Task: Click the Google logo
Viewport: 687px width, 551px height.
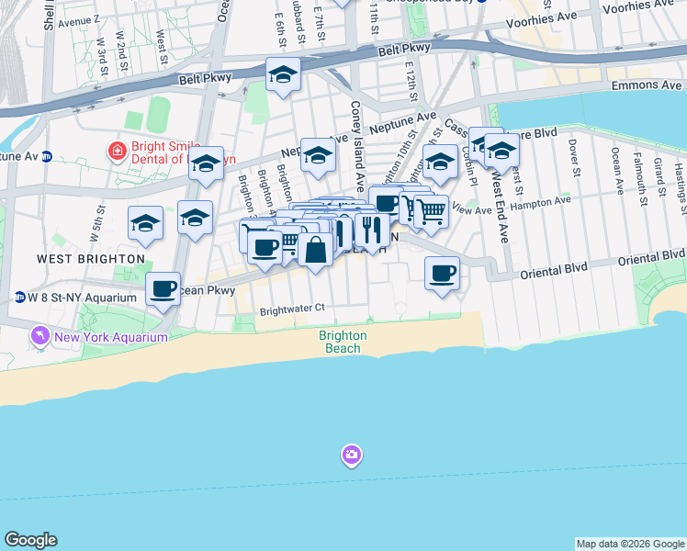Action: (x=30, y=540)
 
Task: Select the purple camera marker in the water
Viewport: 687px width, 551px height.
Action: (x=352, y=455)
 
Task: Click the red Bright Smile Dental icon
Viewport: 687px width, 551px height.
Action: (x=117, y=151)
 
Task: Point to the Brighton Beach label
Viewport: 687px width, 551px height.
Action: (x=343, y=342)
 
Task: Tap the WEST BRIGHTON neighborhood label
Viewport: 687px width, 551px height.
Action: (x=91, y=259)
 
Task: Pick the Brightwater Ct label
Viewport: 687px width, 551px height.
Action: (x=293, y=309)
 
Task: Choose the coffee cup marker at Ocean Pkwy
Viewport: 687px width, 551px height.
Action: (x=163, y=289)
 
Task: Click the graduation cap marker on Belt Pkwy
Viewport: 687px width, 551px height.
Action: (x=284, y=74)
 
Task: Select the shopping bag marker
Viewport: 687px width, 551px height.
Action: (x=315, y=249)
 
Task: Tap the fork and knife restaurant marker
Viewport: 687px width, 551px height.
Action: (x=372, y=229)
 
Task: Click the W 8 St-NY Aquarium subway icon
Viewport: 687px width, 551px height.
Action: (x=19, y=297)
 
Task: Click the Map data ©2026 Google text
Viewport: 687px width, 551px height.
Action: (x=630, y=544)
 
